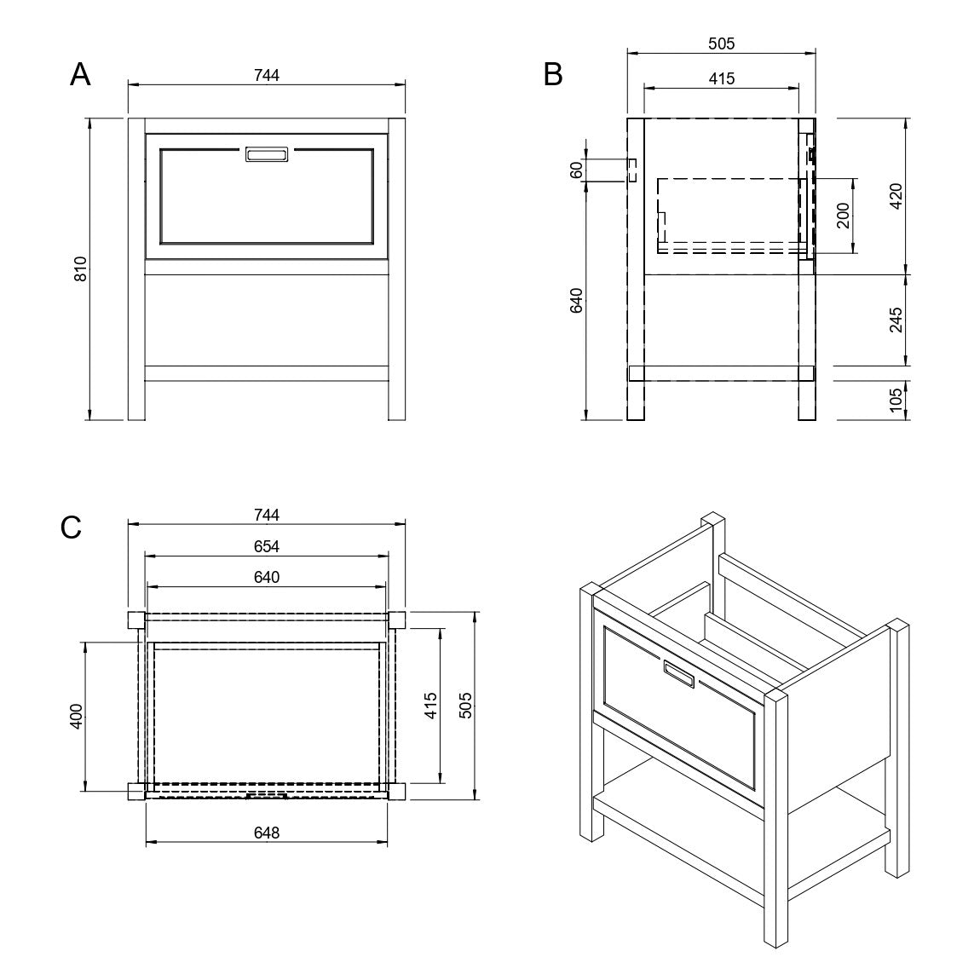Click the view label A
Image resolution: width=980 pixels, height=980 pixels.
coord(80,75)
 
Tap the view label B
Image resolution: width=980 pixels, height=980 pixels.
coord(553,75)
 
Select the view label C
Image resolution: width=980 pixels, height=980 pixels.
coord(71,527)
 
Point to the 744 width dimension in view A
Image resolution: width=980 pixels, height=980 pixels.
coord(267,75)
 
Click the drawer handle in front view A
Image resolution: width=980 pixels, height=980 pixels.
coord(267,153)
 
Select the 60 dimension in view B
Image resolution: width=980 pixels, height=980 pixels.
coord(577,170)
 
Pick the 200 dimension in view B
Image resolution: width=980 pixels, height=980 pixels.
coord(843,216)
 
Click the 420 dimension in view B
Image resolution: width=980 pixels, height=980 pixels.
coord(896,196)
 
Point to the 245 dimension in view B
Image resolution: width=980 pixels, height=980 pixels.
coord(896,320)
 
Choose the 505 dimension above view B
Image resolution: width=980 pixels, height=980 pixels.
coord(721,43)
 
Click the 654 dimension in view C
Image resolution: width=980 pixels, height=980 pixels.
coord(267,546)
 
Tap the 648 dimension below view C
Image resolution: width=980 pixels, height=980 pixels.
coord(267,833)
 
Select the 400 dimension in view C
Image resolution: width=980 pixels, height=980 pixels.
coord(76,716)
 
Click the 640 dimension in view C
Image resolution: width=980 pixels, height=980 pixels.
coord(267,577)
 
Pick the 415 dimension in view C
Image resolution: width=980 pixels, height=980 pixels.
coord(430,706)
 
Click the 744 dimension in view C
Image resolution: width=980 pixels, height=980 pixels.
coord(267,515)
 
